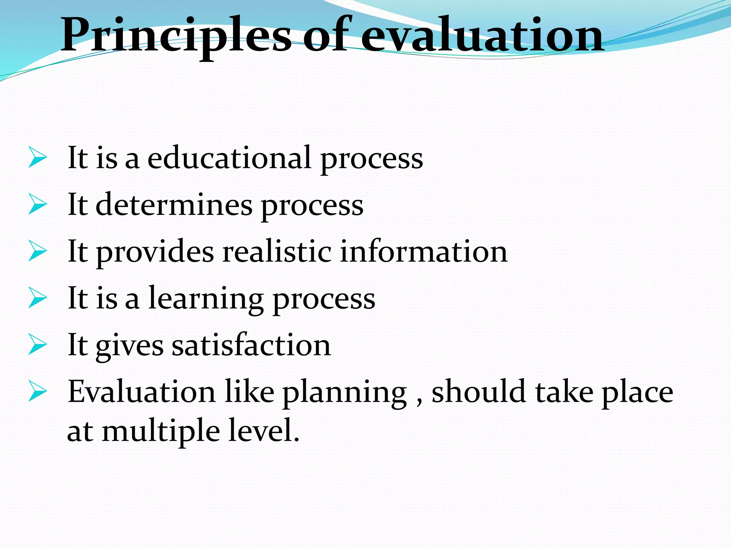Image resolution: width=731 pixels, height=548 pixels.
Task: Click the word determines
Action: click(x=174, y=205)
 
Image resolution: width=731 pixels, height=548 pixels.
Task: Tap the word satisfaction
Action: click(x=251, y=345)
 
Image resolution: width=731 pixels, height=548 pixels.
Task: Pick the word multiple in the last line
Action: click(x=161, y=432)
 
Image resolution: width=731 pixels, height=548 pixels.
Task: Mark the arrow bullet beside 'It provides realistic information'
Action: click(x=37, y=251)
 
